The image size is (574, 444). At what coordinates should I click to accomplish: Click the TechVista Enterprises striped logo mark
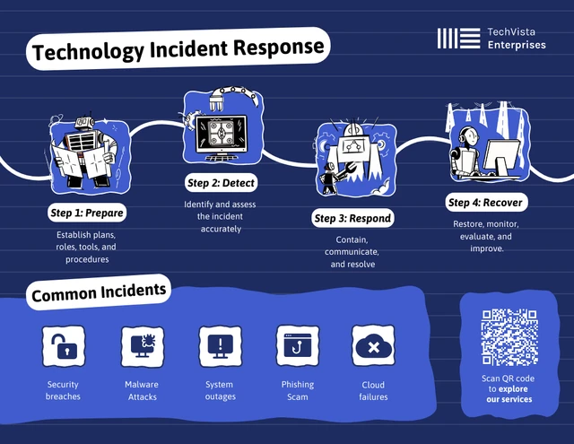pos(458,38)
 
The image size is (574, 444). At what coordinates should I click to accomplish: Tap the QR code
pos(509,337)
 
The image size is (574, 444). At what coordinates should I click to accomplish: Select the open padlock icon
pos(64,346)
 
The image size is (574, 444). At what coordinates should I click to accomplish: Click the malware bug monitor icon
pos(143,346)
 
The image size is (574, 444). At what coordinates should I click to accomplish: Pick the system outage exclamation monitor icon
pos(220,346)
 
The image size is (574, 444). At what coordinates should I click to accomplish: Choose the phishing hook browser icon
pos(298,346)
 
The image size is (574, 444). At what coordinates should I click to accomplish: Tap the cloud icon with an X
pos(373,346)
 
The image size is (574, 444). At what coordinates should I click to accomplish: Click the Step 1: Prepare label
pos(87,213)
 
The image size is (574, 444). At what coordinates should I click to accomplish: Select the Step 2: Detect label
pos(221,183)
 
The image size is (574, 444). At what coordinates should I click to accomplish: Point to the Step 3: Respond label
pos(352,218)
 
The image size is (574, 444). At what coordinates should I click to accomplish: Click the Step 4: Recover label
pos(485,203)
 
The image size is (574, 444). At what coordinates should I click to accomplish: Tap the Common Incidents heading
pos(99,292)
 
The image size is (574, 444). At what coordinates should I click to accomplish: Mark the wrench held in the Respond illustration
pos(345,170)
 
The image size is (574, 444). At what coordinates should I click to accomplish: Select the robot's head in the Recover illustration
pos(469,136)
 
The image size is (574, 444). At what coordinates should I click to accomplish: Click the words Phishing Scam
pos(298,390)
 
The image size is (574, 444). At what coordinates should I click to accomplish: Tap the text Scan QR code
pos(508,379)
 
